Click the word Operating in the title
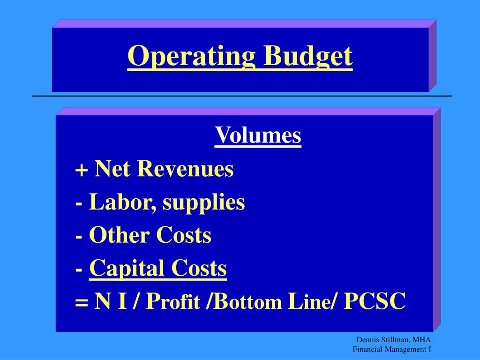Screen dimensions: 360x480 coord(191,57)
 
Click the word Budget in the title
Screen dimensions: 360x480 coord(307,57)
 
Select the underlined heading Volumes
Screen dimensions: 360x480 coord(258,135)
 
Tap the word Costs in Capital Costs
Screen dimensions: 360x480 coord(199,269)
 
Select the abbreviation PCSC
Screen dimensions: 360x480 coord(375,302)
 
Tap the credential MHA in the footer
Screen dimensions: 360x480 coord(422,340)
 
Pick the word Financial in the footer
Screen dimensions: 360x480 coord(367,349)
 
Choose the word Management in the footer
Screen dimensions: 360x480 coord(405,349)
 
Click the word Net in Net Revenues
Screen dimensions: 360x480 coord(112,169)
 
